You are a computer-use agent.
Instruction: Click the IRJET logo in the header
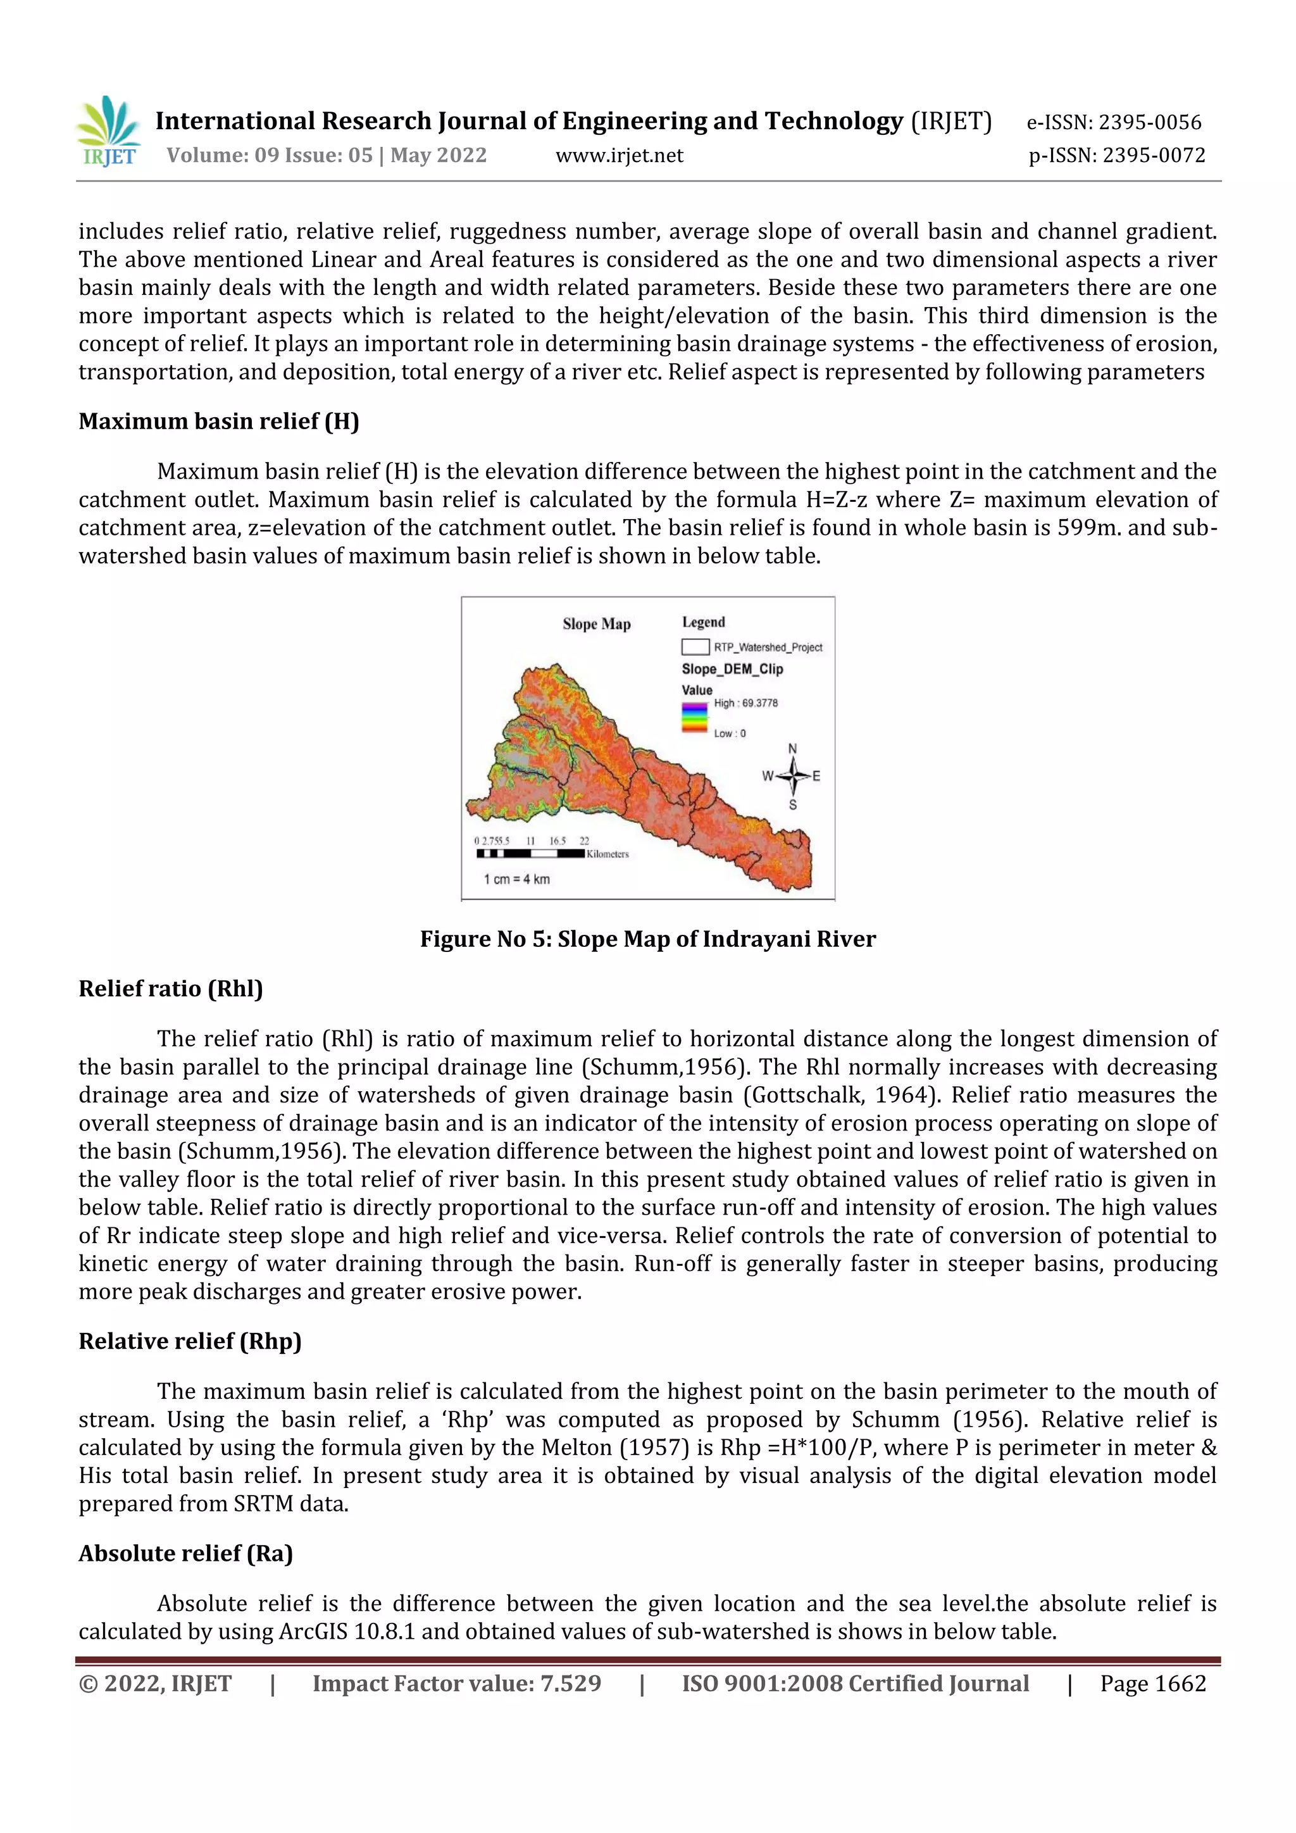[x=109, y=132]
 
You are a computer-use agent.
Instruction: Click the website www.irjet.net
[x=620, y=156]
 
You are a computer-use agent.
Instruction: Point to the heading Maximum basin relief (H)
[x=219, y=422]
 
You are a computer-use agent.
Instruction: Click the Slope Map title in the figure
[x=596, y=624]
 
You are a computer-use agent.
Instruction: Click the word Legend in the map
[x=703, y=622]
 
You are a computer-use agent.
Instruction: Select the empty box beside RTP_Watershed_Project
[x=694, y=647]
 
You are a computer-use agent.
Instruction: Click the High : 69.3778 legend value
[x=745, y=703]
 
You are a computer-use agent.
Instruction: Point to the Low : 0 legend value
[x=730, y=734]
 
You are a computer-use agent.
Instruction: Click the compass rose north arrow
[x=792, y=774]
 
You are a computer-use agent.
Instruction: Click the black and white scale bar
[x=531, y=853]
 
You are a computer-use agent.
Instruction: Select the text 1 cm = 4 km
[x=516, y=879]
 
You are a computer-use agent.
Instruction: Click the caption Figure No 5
[x=647, y=939]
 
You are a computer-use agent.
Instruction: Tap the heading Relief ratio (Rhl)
[x=171, y=989]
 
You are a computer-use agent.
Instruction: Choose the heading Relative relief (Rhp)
[x=190, y=1341]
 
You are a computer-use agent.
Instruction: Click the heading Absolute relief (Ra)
[x=186, y=1554]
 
